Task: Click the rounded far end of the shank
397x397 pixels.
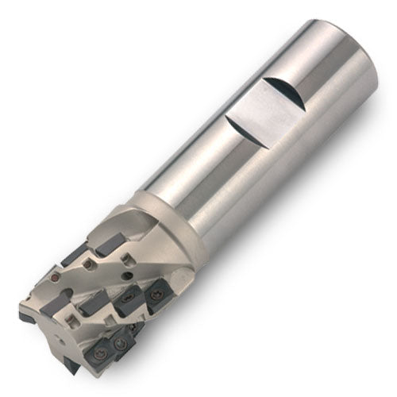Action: pos(349,56)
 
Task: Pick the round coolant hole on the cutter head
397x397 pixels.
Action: pos(126,276)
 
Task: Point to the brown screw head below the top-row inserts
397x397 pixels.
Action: pos(88,264)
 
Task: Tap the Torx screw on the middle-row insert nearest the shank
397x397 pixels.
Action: pos(156,295)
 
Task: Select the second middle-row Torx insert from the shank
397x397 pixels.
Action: pos(129,299)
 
